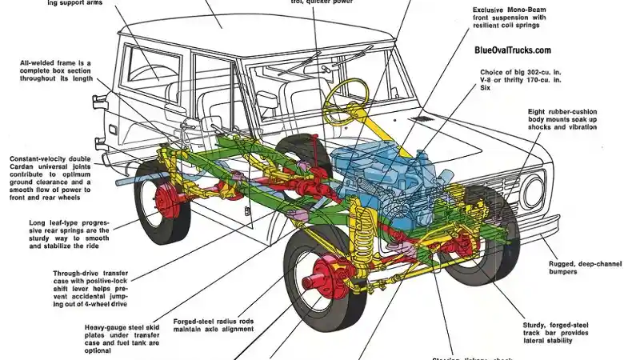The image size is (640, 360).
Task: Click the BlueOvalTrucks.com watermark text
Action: click(x=512, y=50)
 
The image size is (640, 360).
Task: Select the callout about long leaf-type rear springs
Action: click(x=56, y=234)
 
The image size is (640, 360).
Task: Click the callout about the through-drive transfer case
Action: click(x=56, y=287)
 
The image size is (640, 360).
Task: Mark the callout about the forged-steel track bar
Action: click(x=558, y=332)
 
